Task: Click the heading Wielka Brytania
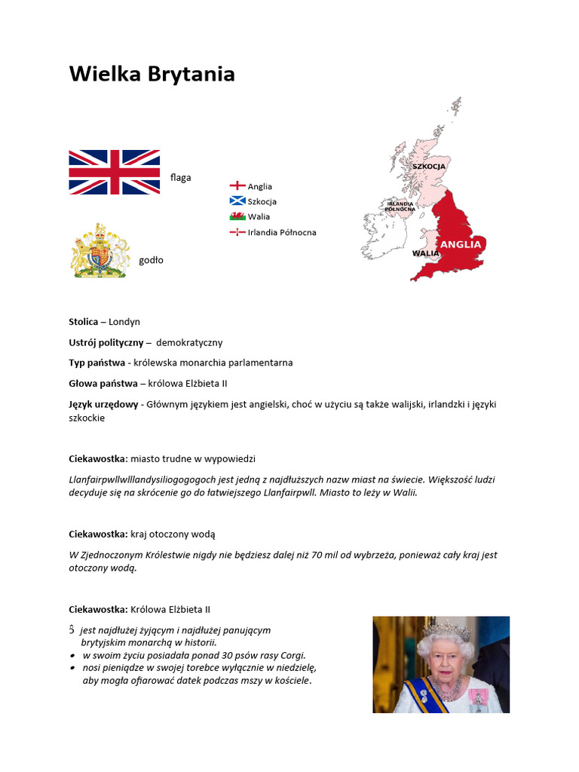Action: (152, 74)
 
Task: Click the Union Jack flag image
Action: (114, 172)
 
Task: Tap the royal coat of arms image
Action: (100, 251)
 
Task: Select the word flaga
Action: (181, 178)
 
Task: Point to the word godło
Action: (151, 260)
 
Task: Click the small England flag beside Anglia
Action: (237, 185)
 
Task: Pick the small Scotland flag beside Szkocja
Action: (237, 201)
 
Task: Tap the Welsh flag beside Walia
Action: (237, 216)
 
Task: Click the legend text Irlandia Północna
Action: (282, 232)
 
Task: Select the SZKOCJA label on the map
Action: (429, 166)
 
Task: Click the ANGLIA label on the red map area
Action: (460, 244)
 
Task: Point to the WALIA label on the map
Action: (425, 254)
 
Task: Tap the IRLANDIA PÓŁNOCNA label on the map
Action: (400, 206)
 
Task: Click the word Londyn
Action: (124, 322)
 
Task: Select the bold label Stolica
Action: (83, 322)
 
